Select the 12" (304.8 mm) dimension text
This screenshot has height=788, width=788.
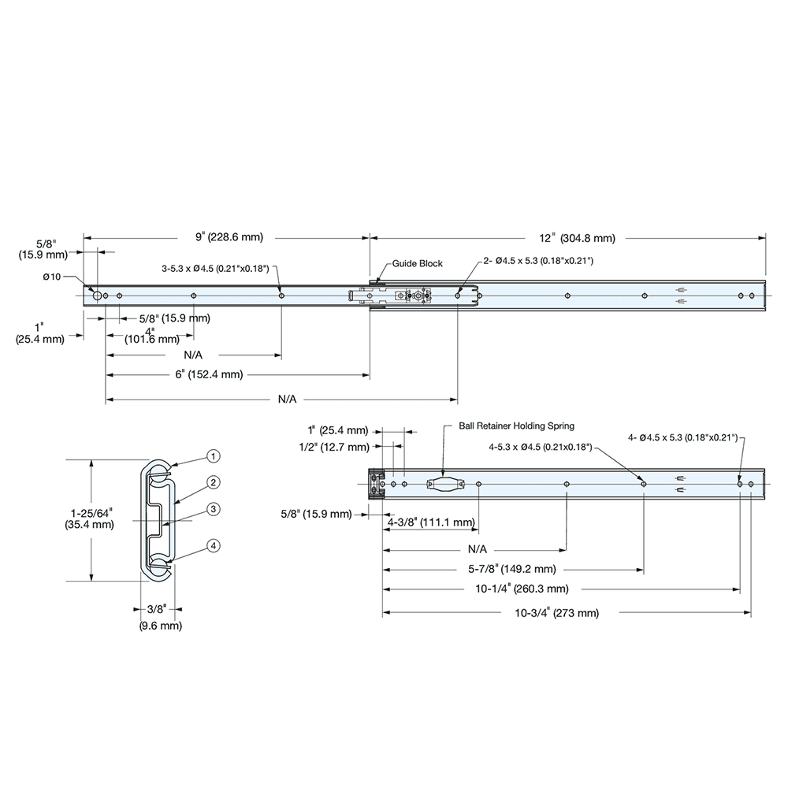tap(577, 237)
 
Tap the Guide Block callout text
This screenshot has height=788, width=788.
tap(417, 264)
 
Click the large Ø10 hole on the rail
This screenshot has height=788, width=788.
tap(95, 295)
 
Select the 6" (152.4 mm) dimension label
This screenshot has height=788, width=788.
tap(209, 375)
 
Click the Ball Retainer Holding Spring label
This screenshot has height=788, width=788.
tap(516, 426)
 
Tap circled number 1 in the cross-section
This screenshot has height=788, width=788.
tap(213, 456)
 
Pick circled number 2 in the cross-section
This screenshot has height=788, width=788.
tap(213, 481)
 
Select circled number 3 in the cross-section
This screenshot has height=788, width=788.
tap(213, 509)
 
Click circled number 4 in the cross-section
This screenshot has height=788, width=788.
tap(213, 545)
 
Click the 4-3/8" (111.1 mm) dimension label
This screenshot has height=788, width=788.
tap(431, 522)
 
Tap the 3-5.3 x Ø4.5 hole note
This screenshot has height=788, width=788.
tap(214, 269)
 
